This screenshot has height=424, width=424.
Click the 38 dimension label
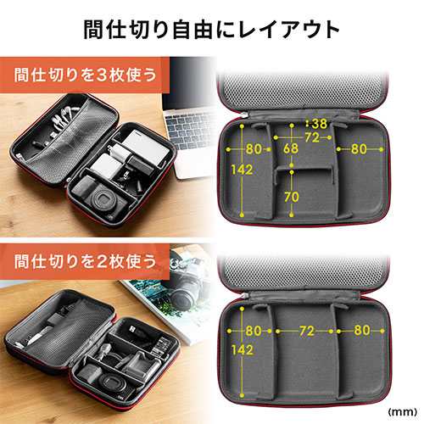pyautogui.click(x=320, y=124)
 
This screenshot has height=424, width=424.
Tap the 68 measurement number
pyautogui.click(x=291, y=148)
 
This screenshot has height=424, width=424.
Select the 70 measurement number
pyautogui.click(x=292, y=197)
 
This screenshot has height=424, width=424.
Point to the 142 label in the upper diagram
pyautogui.click(x=242, y=170)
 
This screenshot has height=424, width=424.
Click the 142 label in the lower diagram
pyautogui.click(x=243, y=350)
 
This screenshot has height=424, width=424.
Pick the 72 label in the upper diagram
pyautogui.click(x=312, y=137)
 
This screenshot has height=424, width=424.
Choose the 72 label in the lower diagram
pyautogui.click(x=307, y=331)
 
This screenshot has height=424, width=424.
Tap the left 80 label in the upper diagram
pyautogui.click(x=254, y=149)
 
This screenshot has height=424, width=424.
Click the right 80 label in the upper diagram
pyautogui.click(x=359, y=149)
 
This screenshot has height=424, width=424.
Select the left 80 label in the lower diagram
pyautogui.click(x=254, y=331)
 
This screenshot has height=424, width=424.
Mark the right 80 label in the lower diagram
pyautogui.click(x=362, y=330)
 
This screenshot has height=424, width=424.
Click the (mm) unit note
pyautogui.click(x=403, y=412)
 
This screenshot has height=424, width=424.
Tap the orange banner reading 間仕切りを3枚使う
pyautogui.click(x=85, y=75)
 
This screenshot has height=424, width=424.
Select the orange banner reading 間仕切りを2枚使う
pyautogui.click(x=85, y=261)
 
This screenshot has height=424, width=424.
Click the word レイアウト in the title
pyautogui.click(x=289, y=30)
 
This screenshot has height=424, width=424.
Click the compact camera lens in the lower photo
pyautogui.click(x=113, y=383)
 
